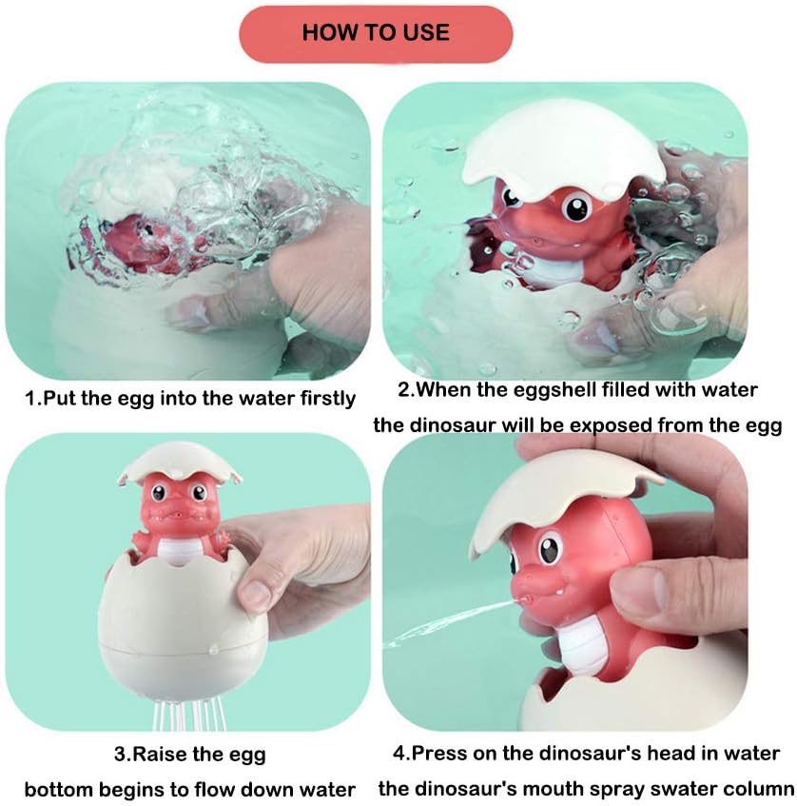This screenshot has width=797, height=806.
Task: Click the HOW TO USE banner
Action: (376, 33)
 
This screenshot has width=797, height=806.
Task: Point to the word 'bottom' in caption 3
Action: (55, 789)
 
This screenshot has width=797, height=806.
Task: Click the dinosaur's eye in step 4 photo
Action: (551, 550)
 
